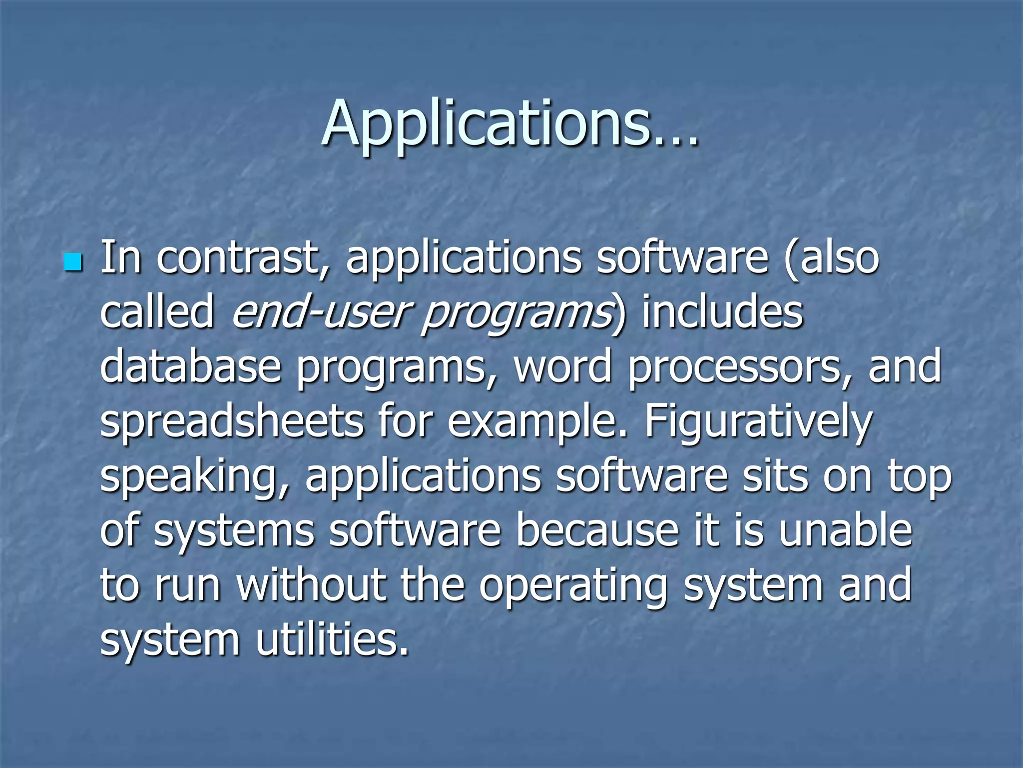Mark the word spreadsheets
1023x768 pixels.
click(232, 423)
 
